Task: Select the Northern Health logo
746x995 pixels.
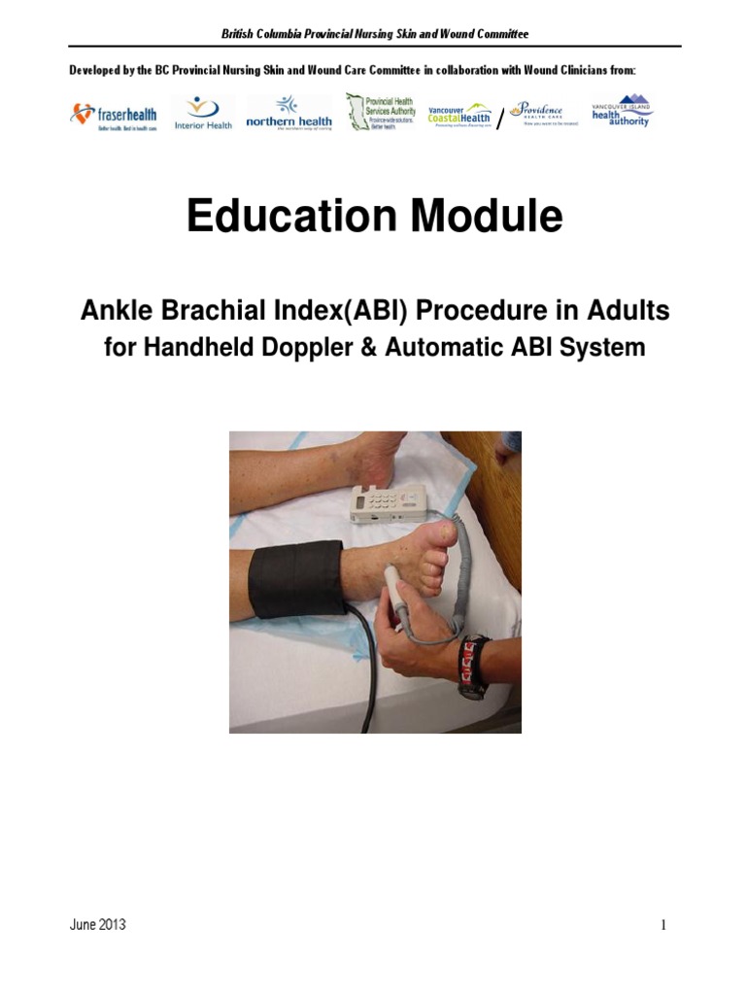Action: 288,115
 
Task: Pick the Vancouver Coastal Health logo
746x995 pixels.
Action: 460,116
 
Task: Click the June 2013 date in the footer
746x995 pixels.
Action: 97,925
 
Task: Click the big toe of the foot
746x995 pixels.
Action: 448,532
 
